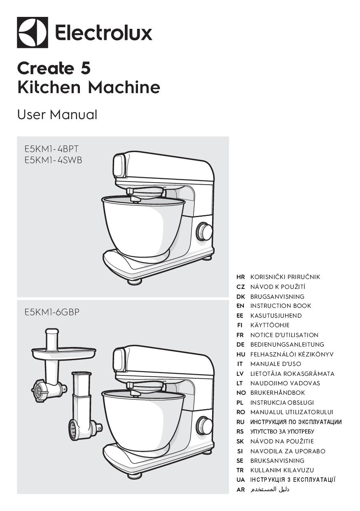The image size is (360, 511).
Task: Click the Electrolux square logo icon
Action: pos(33,33)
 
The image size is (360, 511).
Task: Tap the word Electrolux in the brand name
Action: pos(103,33)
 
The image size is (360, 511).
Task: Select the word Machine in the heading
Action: pos(124,87)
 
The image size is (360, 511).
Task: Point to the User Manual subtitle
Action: pos(57,115)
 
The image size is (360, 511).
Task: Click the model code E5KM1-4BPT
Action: pos(51,149)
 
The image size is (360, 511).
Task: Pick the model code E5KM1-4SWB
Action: pos(54,160)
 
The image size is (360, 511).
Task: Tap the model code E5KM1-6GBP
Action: pos(52,312)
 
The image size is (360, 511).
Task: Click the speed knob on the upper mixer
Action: pos(203,232)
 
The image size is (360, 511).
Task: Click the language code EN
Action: pos(240,306)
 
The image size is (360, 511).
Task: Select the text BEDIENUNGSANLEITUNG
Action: pos(287,345)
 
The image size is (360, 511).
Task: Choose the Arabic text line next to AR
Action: pos(270,489)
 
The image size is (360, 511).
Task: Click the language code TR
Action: pos(240,470)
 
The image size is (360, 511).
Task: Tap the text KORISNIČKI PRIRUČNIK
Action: pos(285,277)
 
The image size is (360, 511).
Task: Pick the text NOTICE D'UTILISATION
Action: pos(284,335)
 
